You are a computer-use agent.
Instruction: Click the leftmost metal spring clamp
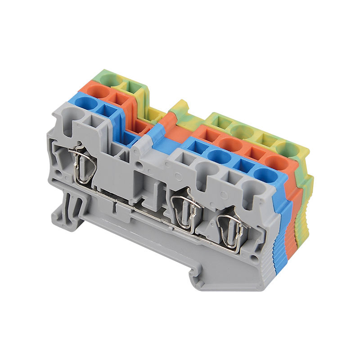tap(82, 165)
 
